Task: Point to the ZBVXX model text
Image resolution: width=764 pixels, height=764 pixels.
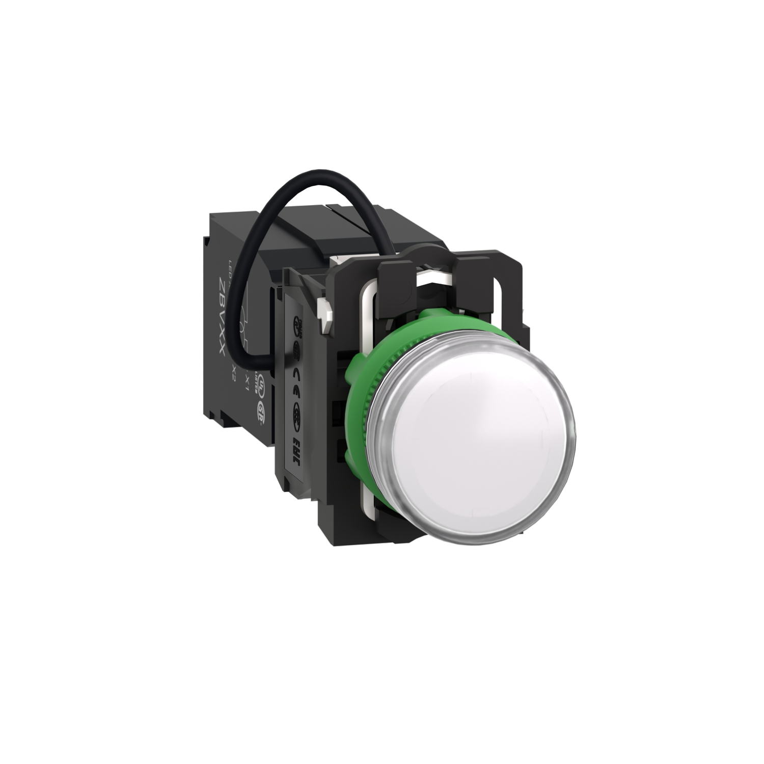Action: (223, 316)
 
